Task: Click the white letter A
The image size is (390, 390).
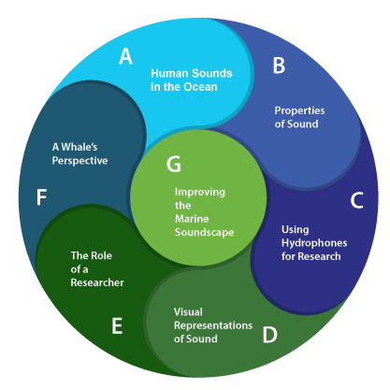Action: pyautogui.click(x=125, y=56)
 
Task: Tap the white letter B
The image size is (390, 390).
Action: pyautogui.click(x=279, y=65)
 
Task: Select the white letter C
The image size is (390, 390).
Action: pyautogui.click(x=356, y=200)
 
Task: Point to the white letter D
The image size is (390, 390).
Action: pyautogui.click(x=269, y=335)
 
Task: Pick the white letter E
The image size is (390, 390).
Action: pyautogui.click(x=117, y=325)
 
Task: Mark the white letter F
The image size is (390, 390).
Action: pyautogui.click(x=41, y=197)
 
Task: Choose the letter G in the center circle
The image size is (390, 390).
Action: pyautogui.click(x=174, y=164)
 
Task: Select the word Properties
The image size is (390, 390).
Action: pyautogui.click(x=299, y=111)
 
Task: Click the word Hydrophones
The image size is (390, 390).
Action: pyautogui.click(x=314, y=243)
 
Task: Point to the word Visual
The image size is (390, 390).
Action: pyautogui.click(x=188, y=311)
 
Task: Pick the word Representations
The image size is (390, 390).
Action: pyautogui.click(x=213, y=325)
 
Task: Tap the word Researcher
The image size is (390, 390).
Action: pyautogui.click(x=97, y=282)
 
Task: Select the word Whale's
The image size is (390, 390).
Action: pyautogui.click(x=79, y=147)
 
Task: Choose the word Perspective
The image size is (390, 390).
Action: pyautogui.click(x=79, y=161)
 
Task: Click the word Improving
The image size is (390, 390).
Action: pyautogui.click(x=200, y=193)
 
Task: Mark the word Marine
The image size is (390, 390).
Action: pyautogui.click(x=192, y=219)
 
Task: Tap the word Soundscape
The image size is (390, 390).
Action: pyautogui.click(x=205, y=232)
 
